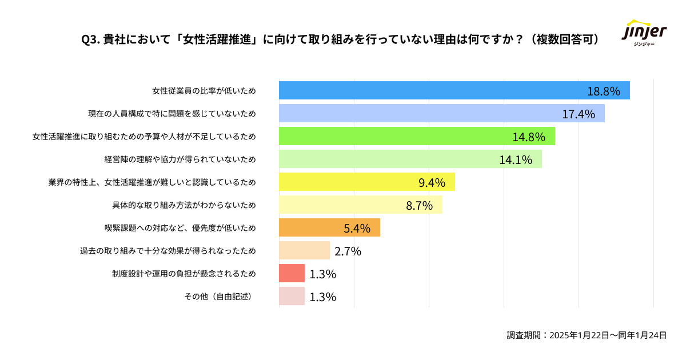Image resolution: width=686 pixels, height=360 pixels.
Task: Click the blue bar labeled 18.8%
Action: point(454,90)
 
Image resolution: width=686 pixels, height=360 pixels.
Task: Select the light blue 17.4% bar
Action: point(441,113)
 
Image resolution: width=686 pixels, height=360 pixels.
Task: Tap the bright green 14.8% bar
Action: point(417,136)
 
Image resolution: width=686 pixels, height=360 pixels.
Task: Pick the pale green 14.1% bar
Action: point(410,159)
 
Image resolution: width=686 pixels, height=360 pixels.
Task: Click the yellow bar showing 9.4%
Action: point(367,182)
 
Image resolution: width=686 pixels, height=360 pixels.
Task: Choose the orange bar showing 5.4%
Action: point(329,227)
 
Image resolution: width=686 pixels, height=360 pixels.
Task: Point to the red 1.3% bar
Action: point(292,273)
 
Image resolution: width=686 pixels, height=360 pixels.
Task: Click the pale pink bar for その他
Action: point(292,296)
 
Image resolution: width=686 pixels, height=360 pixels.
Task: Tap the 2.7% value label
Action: point(348,251)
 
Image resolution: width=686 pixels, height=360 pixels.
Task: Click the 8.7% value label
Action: point(419,205)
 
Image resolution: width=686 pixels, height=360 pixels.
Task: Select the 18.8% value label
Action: point(604,91)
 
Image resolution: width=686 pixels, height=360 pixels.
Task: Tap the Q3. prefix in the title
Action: point(91,40)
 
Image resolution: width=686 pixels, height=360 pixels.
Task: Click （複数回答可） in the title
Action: point(564,39)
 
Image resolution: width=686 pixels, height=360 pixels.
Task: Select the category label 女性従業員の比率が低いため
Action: point(204,91)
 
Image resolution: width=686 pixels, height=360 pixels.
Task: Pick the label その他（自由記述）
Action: point(219,297)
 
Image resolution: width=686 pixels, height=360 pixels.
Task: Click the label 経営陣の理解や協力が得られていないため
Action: point(180,159)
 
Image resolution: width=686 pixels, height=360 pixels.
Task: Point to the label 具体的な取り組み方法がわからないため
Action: point(184,205)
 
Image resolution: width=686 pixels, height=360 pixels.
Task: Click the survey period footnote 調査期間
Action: point(587,335)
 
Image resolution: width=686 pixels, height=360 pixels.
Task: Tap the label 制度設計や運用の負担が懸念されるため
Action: point(184,273)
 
